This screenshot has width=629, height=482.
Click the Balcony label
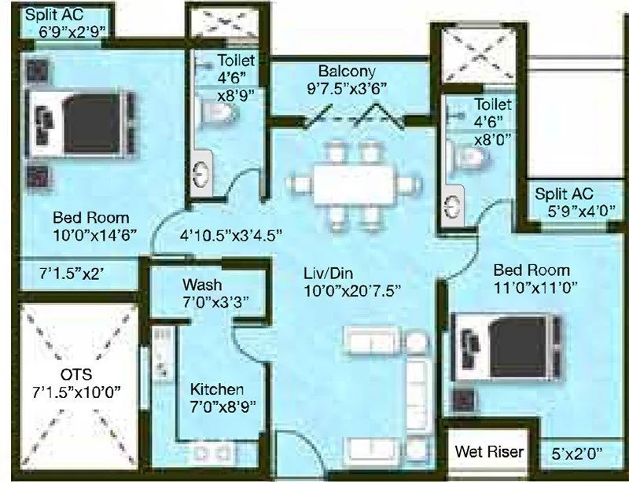tap(341, 69)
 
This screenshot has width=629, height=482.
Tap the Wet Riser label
tap(488, 452)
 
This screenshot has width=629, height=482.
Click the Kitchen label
tap(217, 389)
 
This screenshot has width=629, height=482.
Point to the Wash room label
tap(202, 284)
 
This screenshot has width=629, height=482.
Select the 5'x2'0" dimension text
tap(576, 453)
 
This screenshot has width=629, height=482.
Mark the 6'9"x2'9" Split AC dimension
tap(72, 32)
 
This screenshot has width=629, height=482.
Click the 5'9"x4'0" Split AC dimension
tap(570, 212)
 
